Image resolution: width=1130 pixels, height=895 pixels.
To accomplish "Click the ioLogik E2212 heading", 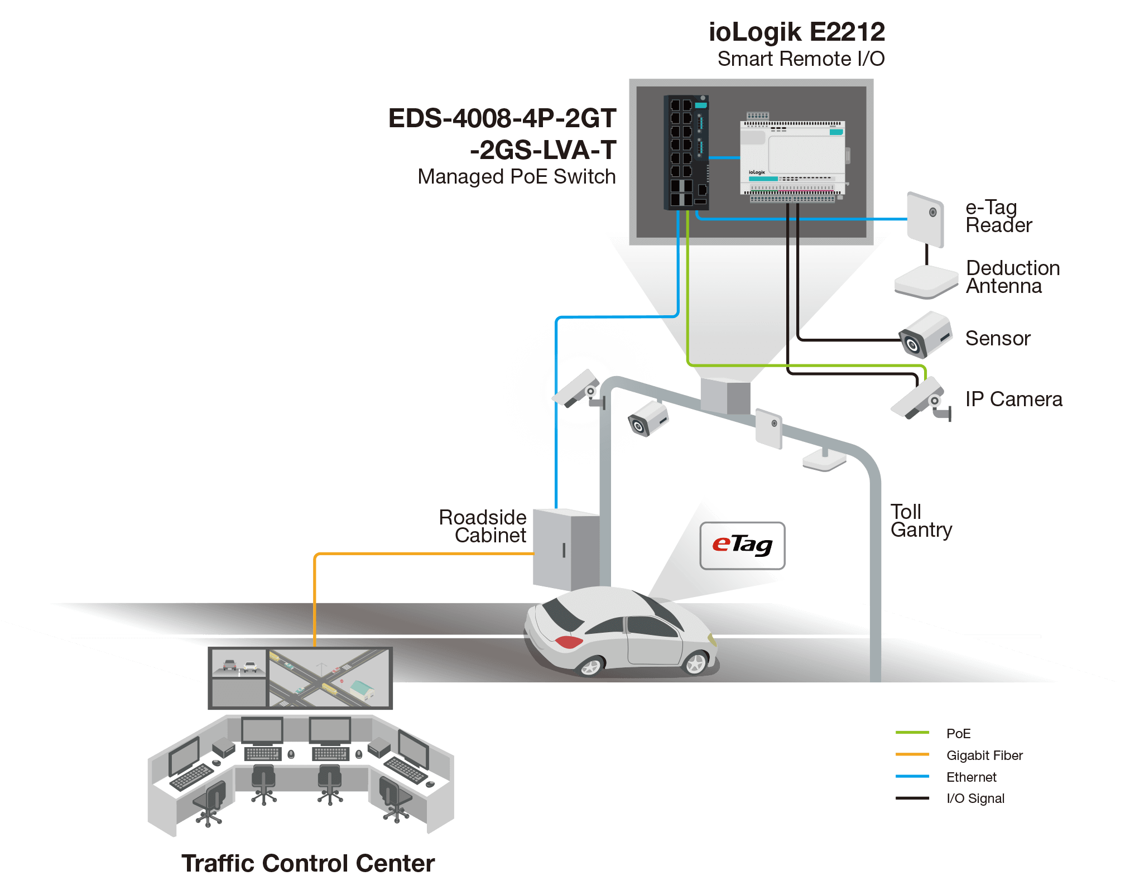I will (x=796, y=32).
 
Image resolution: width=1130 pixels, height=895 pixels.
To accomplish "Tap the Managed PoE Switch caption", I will (x=517, y=177).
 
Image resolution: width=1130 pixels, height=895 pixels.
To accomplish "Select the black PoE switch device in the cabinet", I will (x=686, y=152).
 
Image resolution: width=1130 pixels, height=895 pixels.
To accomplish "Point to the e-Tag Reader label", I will (x=998, y=216).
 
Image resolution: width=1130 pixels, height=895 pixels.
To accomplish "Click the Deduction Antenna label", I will (x=1012, y=277).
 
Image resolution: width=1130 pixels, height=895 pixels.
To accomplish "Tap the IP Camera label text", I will (x=1014, y=400).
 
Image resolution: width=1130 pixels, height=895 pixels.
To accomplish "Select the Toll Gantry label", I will (x=921, y=521).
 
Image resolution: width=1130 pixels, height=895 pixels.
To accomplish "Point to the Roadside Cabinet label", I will (x=483, y=526).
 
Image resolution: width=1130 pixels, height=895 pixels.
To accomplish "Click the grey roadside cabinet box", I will (x=565, y=549).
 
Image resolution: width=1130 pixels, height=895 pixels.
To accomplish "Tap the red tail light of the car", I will (x=568, y=642).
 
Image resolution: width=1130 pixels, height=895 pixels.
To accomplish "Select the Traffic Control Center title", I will (x=308, y=863).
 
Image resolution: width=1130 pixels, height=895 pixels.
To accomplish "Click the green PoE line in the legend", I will (x=912, y=733).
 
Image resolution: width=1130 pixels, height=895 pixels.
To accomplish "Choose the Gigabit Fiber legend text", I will (x=985, y=756).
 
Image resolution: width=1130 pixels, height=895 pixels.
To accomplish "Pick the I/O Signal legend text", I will (x=975, y=798).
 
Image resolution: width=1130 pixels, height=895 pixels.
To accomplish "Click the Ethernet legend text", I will (x=972, y=777).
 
